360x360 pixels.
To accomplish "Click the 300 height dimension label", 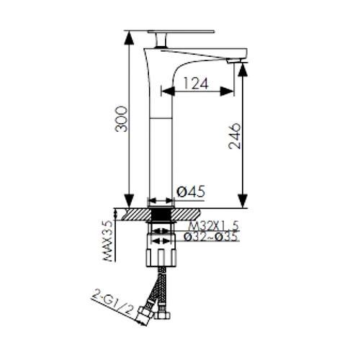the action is click(x=121, y=119).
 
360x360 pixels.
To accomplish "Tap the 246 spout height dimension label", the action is click(x=234, y=136).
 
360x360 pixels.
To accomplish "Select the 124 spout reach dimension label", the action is click(x=195, y=84).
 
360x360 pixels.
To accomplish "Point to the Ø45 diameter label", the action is click(x=192, y=192).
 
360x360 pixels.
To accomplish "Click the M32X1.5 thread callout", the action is click(x=214, y=226).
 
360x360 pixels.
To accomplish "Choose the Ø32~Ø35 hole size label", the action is click(x=211, y=236).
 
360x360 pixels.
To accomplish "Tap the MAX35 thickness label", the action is click(x=108, y=240).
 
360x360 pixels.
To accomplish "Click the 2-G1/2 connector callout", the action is click(x=112, y=301).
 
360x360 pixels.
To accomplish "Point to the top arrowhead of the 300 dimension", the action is click(x=129, y=38).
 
